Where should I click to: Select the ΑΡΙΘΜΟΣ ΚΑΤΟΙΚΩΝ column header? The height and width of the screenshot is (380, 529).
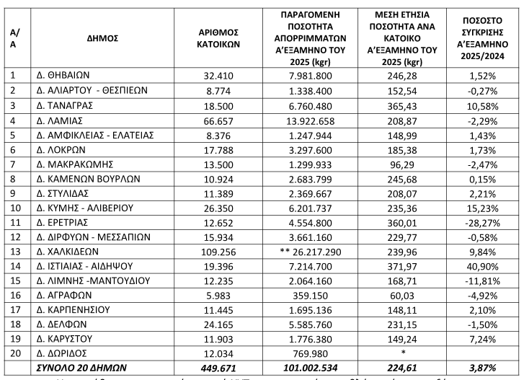click(x=218, y=38)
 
